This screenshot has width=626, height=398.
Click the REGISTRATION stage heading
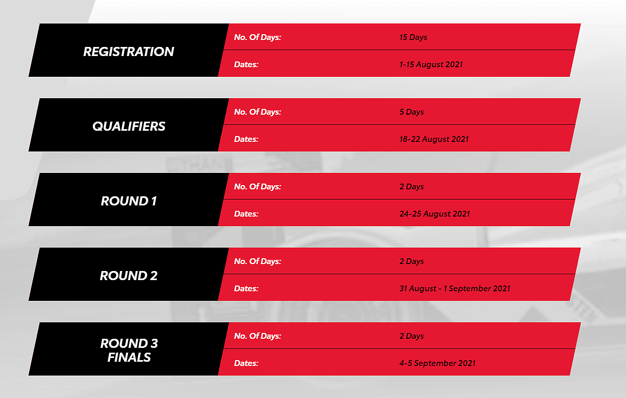point(129,52)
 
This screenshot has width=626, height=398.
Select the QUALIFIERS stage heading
point(129,126)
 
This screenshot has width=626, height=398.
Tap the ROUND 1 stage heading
point(129,201)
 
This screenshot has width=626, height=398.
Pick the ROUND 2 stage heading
point(129,276)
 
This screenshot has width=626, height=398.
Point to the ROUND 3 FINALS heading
point(129,350)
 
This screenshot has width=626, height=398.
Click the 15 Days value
point(413,37)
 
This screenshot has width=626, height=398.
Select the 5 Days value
point(412,112)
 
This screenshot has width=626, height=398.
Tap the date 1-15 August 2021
point(431,65)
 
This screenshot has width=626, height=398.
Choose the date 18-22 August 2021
point(434,139)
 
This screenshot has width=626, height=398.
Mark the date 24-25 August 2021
point(435,214)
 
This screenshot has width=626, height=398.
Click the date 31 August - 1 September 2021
point(455,289)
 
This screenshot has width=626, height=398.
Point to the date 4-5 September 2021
point(438,363)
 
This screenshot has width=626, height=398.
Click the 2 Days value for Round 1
point(412,187)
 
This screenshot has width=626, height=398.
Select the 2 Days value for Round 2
point(412,261)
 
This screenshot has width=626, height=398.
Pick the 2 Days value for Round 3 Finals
point(412,336)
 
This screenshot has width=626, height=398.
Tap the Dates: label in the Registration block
point(246,65)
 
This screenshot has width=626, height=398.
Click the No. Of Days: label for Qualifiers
point(258,112)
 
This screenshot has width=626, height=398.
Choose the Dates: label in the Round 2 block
point(246,289)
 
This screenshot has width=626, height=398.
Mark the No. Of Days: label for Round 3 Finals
point(258,336)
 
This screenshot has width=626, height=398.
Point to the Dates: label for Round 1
point(246,214)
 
